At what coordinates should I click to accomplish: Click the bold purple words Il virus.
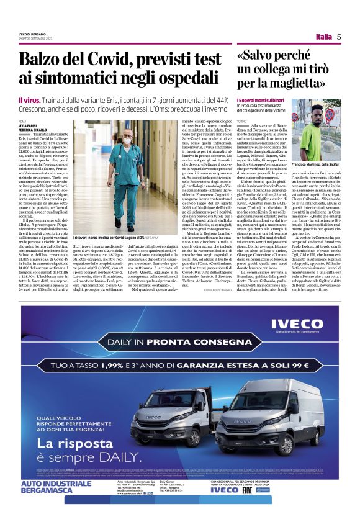[x=30, y=100]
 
